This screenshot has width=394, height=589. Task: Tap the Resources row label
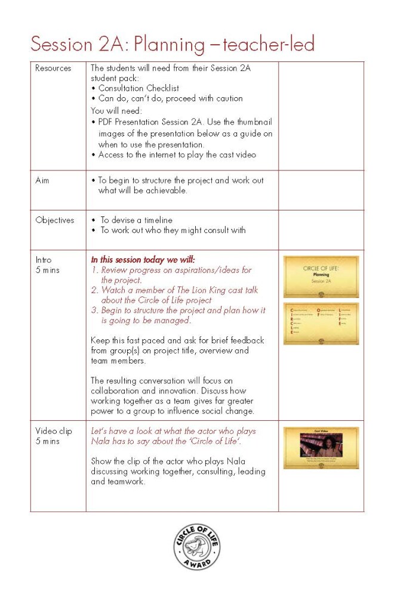53,68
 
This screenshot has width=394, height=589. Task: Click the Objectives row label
54,220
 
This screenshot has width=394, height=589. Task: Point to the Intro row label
43,260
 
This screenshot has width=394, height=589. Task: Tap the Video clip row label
53,431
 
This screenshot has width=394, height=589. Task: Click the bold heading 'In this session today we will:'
143,260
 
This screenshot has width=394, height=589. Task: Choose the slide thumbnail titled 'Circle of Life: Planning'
321,277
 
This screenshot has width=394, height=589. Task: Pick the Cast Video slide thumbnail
321,447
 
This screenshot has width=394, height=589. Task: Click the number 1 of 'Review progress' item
94,270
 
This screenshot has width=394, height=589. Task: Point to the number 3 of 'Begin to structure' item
94,311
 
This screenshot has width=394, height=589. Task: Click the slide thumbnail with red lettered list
321,323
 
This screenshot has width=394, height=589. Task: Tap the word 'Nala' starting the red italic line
100,441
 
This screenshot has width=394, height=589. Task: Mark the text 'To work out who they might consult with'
173,230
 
